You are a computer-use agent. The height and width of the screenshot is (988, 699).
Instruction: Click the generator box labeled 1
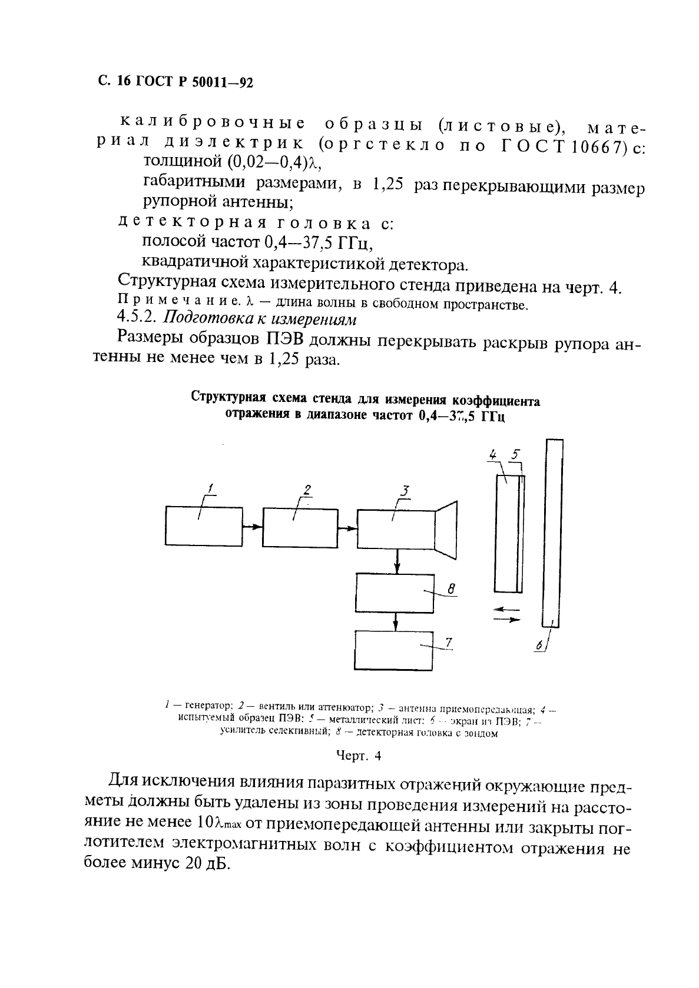(204, 525)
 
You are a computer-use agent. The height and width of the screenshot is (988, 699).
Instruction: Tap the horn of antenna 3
(446, 530)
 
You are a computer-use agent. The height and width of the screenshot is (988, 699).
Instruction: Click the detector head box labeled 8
(394, 592)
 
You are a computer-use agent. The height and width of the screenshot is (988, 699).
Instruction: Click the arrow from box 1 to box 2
(253, 526)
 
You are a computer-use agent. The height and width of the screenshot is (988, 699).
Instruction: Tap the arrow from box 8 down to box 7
(395, 621)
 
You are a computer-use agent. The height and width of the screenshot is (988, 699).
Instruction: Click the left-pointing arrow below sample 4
(506, 609)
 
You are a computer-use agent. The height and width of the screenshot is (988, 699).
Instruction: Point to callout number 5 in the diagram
(516, 454)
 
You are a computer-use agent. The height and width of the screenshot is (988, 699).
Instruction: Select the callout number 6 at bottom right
(538, 646)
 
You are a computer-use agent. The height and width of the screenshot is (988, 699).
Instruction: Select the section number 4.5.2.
(137, 318)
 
